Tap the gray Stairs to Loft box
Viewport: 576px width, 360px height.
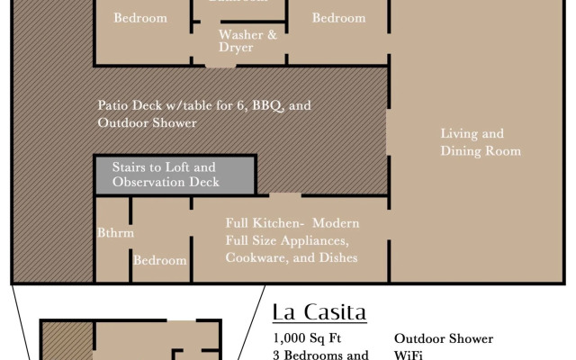tap(175, 175)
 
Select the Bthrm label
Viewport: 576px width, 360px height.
tap(115, 232)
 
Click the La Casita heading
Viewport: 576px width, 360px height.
tap(319, 312)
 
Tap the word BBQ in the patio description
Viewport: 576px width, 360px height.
tap(268, 105)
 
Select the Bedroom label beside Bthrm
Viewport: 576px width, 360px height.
tap(160, 261)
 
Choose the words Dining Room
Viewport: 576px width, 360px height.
tap(481, 151)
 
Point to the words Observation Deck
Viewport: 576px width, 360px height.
tap(166, 183)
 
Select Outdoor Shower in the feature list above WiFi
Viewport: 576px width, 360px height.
tap(444, 338)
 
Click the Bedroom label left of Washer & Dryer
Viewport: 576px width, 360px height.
tap(140, 18)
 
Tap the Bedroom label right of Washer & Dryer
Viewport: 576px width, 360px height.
tap(338, 18)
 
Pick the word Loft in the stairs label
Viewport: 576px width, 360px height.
tap(180, 167)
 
